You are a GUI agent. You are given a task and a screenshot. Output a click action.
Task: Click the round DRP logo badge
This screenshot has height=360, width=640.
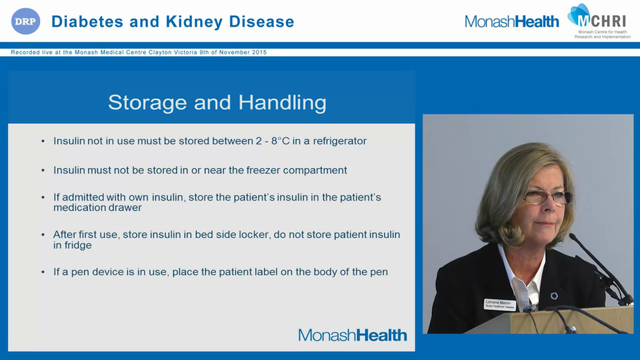25,21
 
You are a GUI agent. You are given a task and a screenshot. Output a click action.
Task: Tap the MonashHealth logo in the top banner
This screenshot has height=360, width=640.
511,21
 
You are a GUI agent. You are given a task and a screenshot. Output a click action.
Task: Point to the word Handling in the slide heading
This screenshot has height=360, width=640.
282,102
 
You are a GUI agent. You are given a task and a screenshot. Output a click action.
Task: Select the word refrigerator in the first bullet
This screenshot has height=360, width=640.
339,141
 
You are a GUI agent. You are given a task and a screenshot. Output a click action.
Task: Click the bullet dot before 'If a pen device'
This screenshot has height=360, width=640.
43,272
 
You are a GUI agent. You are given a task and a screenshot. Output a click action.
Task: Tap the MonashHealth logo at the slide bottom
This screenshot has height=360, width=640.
352,335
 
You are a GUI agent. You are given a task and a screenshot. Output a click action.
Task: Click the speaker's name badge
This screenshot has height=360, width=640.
499,304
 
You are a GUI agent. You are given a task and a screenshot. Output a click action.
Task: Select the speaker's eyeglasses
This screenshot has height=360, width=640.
546,197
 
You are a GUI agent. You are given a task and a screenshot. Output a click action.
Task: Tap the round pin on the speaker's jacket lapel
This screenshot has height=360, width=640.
553,296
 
